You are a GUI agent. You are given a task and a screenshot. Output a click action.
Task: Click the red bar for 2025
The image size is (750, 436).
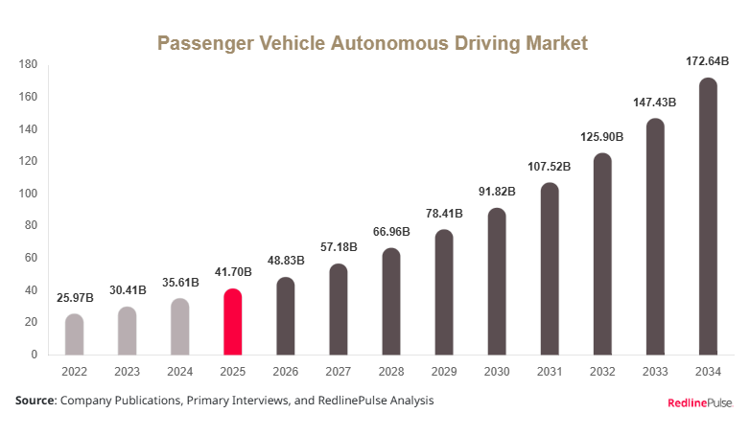(232, 322)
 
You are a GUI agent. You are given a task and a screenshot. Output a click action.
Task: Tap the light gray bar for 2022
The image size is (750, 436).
(74, 334)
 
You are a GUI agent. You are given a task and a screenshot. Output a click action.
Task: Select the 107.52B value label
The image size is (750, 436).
(550, 167)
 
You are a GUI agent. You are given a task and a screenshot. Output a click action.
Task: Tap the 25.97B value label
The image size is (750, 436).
(74, 298)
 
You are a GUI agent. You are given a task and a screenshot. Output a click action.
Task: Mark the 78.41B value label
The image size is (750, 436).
(443, 214)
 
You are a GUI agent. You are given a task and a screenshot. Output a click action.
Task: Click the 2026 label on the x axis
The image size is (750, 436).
(285, 372)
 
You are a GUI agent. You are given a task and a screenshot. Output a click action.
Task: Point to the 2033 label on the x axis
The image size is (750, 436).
(655, 372)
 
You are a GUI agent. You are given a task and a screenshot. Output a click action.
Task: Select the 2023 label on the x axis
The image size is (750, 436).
(127, 372)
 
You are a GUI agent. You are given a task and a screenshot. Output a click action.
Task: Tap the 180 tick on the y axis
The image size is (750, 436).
(28, 65)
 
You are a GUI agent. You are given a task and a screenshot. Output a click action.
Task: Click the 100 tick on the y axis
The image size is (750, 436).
(28, 194)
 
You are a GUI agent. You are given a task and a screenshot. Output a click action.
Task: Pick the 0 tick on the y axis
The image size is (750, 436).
(34, 355)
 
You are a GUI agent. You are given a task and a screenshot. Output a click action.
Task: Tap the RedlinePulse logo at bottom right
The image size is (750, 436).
(699, 403)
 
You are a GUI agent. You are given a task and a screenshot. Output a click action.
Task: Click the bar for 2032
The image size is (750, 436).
(602, 254)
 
